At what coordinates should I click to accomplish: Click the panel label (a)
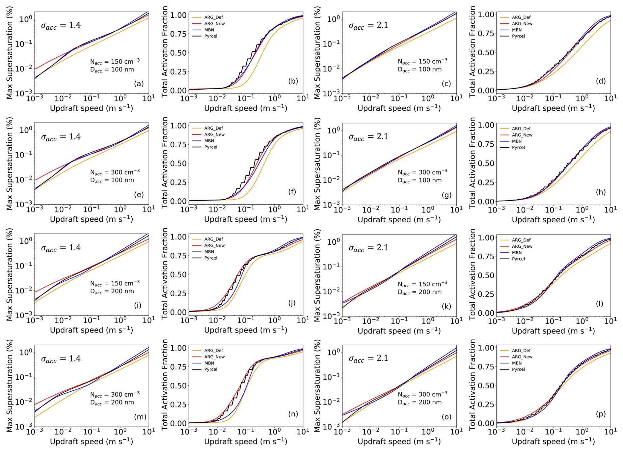tap(139, 84)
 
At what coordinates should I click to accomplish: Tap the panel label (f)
tap(292, 192)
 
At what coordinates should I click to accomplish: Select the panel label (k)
tap(446, 306)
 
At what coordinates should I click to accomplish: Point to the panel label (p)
tap(601, 414)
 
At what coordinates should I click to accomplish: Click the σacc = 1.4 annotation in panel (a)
tap(61, 25)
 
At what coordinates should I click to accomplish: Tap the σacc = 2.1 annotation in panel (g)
tap(368, 136)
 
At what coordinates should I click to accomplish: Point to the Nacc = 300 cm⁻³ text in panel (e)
tap(115, 172)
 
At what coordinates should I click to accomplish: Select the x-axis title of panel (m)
tap(92, 441)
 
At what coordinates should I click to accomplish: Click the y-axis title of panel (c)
tap(317, 53)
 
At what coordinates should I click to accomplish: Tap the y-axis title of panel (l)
tap(472, 274)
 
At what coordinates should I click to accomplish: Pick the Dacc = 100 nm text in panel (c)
tap(420, 70)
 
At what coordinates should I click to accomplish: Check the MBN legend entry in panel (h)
tap(517, 141)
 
